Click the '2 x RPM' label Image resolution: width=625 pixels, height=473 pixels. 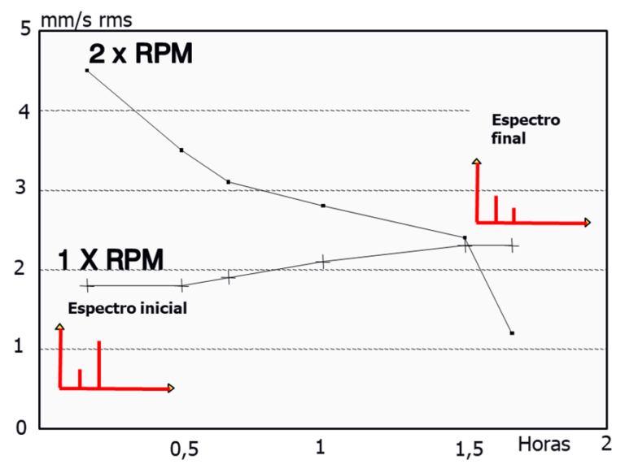point(140,54)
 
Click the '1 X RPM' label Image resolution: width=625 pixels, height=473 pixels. point(111,259)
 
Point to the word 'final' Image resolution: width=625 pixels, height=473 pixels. point(509,138)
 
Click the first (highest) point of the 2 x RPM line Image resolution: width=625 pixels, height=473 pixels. point(87,71)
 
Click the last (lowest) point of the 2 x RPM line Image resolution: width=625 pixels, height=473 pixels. point(511,333)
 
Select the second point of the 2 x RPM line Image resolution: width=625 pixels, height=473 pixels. point(181,150)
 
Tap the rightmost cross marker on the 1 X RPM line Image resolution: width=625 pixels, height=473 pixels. point(512,244)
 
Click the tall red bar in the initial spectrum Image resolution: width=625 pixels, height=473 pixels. point(98,364)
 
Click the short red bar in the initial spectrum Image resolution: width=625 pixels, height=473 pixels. point(80,378)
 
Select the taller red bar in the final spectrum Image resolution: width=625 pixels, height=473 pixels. point(496,208)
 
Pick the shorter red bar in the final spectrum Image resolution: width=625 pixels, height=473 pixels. point(514,215)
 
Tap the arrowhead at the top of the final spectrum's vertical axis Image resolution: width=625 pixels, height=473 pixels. point(477,163)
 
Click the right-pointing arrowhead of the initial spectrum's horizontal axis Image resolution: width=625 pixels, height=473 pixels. point(170,388)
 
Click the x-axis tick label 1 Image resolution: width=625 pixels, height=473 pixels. point(323,446)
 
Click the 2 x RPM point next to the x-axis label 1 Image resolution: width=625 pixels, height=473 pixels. point(323,206)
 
